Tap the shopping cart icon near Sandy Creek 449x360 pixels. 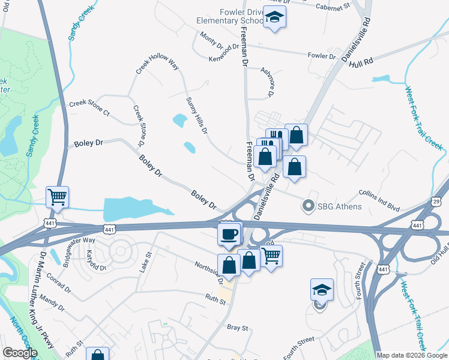tap(58, 196)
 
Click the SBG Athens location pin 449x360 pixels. tap(309, 206)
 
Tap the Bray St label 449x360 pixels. tap(238, 328)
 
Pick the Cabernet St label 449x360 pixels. tap(334, 7)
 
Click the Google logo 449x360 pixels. tap(20, 353)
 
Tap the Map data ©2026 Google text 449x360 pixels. tap(412, 355)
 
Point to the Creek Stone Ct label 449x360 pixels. tap(89, 108)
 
